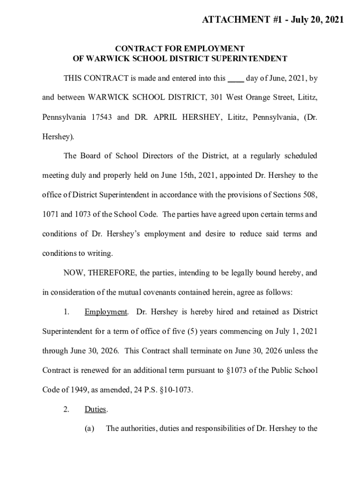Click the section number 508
(x=310, y=195)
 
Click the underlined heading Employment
(x=106, y=312)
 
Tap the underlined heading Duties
(x=95, y=409)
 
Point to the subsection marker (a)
(x=90, y=428)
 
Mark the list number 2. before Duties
(x=67, y=409)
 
